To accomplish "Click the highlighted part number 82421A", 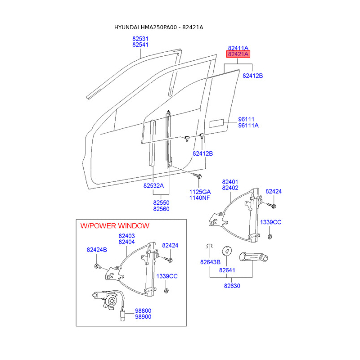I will point(238,54).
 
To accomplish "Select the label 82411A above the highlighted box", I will point(238,48).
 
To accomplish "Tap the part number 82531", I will point(140,39).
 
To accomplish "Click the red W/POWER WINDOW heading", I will point(115,225).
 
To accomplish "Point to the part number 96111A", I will point(248,126).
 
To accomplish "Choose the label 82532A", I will point(154,185).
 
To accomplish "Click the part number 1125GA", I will point(200,192).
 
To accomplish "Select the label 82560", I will point(161,209).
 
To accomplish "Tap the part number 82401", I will point(230,182).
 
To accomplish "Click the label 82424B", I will point(97,250).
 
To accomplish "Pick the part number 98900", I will point(143,317).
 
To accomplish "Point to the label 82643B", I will point(210,262).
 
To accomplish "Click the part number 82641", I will point(227,270).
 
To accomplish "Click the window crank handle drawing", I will point(253,258).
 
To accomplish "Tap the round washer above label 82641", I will point(227,250).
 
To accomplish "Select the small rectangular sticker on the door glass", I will point(217,123).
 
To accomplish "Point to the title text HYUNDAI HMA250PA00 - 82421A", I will point(159,27).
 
